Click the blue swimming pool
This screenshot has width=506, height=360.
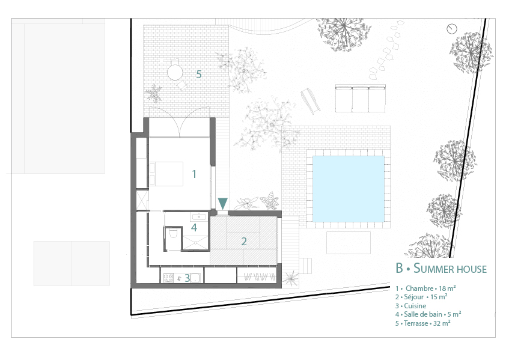(349, 189)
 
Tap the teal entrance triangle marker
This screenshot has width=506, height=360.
(223, 203)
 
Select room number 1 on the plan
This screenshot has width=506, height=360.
(194, 174)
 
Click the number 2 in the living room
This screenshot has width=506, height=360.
(244, 241)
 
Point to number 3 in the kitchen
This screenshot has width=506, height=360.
(187, 278)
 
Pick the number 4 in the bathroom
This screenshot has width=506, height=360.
(194, 228)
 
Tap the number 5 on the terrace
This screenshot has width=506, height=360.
(199, 75)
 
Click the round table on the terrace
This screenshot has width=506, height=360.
(175, 72)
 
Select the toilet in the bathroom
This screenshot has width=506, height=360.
(172, 233)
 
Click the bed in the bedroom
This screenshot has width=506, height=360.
(165, 174)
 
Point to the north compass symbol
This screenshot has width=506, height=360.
(452, 29)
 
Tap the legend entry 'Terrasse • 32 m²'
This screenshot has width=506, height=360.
(422, 323)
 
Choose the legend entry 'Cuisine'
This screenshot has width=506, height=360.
(411, 306)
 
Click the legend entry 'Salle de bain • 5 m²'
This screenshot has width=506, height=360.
(428, 314)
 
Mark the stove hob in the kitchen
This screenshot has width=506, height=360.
(168, 278)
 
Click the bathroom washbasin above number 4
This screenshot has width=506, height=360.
(199, 216)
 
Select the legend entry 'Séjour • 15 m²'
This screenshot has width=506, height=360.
(421, 297)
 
